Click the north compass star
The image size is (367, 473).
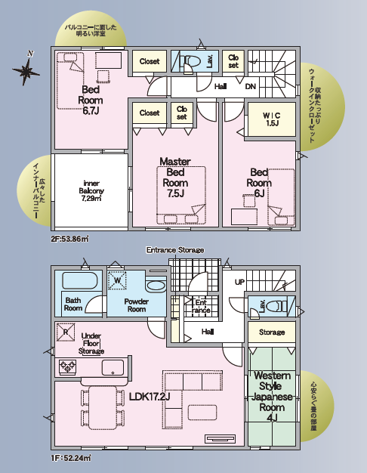coord(26,71)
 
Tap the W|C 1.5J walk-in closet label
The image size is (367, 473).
coord(272,119)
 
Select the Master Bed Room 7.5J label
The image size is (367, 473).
coord(175,178)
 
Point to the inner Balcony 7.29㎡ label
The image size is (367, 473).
coord(91,190)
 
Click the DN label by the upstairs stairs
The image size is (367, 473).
coord(250,87)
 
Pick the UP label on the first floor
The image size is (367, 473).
coord(239,282)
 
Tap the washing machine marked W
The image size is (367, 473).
coord(117,280)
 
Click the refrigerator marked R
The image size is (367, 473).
coord(66,332)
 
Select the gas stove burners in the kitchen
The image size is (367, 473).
coord(67,366)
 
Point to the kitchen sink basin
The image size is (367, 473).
coord(113,367)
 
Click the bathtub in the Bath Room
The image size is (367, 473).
coord(80,280)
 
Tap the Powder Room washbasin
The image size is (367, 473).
coord(156,286)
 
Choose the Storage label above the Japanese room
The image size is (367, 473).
coord(272,332)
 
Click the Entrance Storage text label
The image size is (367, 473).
coord(175,250)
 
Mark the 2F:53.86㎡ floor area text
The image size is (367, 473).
coord(69,239)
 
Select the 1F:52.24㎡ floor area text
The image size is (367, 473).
coord(71,458)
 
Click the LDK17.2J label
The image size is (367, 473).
coord(150,397)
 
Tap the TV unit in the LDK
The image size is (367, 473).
coord(220,438)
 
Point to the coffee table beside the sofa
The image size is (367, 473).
coord(202,413)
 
